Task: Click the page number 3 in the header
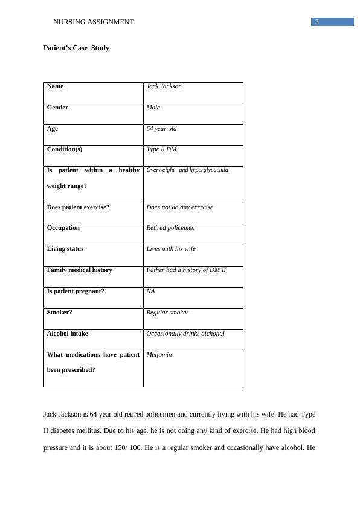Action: tap(317, 22)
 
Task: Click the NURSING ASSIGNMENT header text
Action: tap(94, 22)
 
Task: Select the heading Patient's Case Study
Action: tap(76, 48)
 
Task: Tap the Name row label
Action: tap(55, 86)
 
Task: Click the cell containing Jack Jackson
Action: tap(164, 86)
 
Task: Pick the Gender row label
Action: tap(57, 108)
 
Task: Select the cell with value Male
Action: tap(153, 108)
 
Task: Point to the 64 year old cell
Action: tap(161, 129)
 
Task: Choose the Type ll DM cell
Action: tap(161, 149)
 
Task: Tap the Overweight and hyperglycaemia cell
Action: tap(187, 170)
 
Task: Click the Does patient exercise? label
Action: tap(78, 207)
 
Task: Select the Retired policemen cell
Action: tap(170, 228)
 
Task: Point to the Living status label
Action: tap(65, 249)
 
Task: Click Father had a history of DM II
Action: tap(186, 270)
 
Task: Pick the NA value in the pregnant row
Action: tap(150, 291)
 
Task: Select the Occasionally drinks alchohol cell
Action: tap(185, 334)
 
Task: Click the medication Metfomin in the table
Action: tap(159, 355)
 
